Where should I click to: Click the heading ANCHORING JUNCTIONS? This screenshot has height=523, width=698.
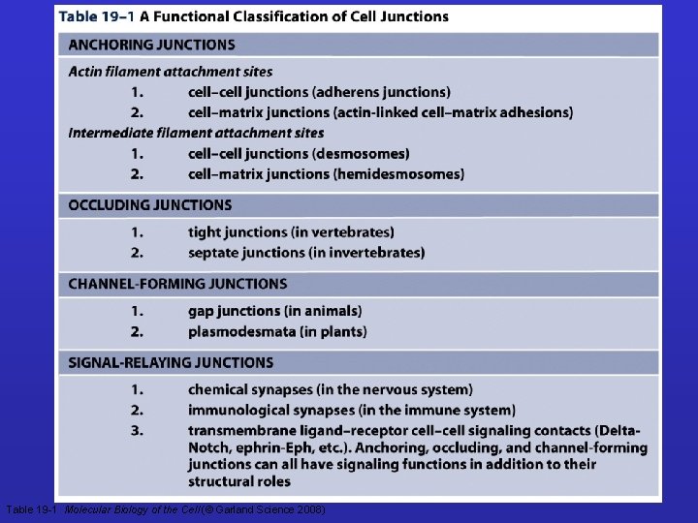point(151,46)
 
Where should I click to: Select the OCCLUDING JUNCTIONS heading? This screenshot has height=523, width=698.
point(150,205)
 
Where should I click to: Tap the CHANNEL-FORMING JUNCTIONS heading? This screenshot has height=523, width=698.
point(177,284)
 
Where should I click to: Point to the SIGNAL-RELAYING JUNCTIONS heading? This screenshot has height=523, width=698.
point(171,363)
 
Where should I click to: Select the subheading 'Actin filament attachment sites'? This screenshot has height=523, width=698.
point(170,72)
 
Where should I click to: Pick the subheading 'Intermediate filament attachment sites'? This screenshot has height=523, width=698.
point(196,133)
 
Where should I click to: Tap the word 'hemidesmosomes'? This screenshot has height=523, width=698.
point(389,174)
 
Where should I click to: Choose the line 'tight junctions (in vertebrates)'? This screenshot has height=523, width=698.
point(291,232)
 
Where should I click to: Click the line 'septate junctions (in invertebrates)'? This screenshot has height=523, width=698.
point(306,253)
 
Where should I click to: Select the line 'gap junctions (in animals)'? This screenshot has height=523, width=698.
point(274,311)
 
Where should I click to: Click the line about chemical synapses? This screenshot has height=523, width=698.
point(330,389)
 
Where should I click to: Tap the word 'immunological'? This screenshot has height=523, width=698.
point(235,411)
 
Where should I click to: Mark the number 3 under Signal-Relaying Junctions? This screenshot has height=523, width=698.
point(138,430)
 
